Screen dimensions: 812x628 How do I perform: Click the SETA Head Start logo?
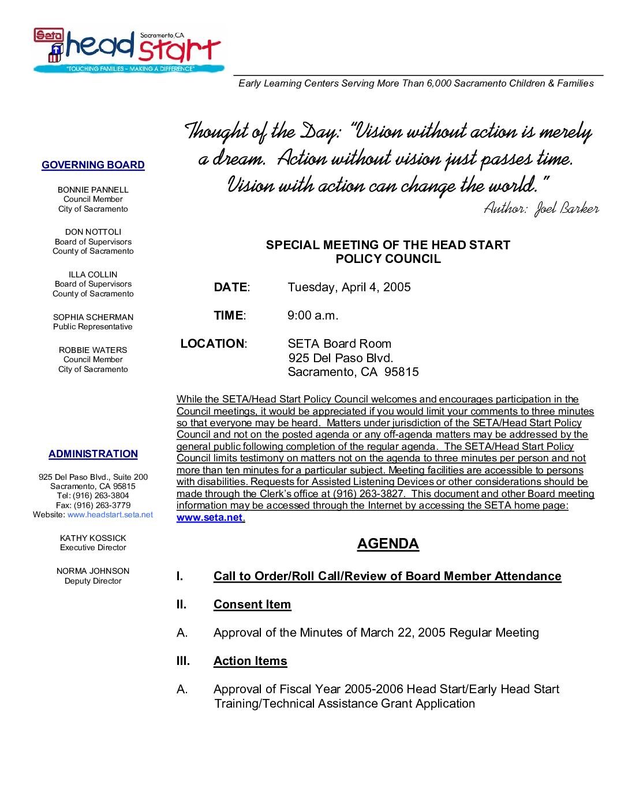tap(128, 50)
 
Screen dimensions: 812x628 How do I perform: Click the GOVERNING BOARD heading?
tap(93, 165)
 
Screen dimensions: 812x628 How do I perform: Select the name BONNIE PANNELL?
tap(93, 190)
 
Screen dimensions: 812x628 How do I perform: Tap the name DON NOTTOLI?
tap(93, 232)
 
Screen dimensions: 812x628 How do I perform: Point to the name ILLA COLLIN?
tap(93, 275)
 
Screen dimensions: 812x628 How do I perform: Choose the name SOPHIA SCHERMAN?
tap(93, 317)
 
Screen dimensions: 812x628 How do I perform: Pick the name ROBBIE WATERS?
tap(93, 350)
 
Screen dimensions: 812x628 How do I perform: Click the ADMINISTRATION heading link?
tap(93, 454)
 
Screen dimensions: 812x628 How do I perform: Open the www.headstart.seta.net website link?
tap(110, 514)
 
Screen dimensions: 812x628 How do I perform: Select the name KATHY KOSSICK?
tap(93, 538)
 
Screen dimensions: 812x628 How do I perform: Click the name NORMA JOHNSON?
tap(93, 571)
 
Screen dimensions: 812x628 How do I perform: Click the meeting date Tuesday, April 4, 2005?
tap(349, 287)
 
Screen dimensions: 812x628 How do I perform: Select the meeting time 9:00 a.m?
tap(313, 315)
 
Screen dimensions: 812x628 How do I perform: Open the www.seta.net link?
tap(210, 517)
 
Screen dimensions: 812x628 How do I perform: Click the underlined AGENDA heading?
tap(388, 544)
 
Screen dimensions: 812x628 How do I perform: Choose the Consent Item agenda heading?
tap(252, 604)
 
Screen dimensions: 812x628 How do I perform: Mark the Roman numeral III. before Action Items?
tap(183, 661)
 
